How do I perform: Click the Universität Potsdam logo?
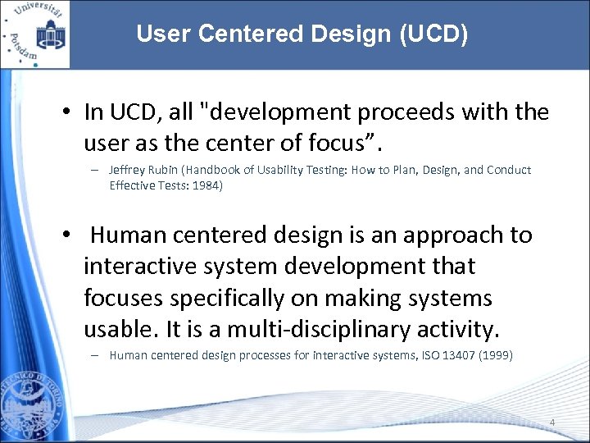click(x=34, y=34)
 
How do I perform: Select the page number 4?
click(x=552, y=423)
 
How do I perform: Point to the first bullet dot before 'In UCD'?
click(x=66, y=112)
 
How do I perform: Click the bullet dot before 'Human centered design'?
click(x=66, y=235)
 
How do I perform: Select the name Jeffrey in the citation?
click(x=129, y=170)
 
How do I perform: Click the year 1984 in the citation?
click(x=205, y=185)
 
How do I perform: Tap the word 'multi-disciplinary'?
click(x=316, y=329)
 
